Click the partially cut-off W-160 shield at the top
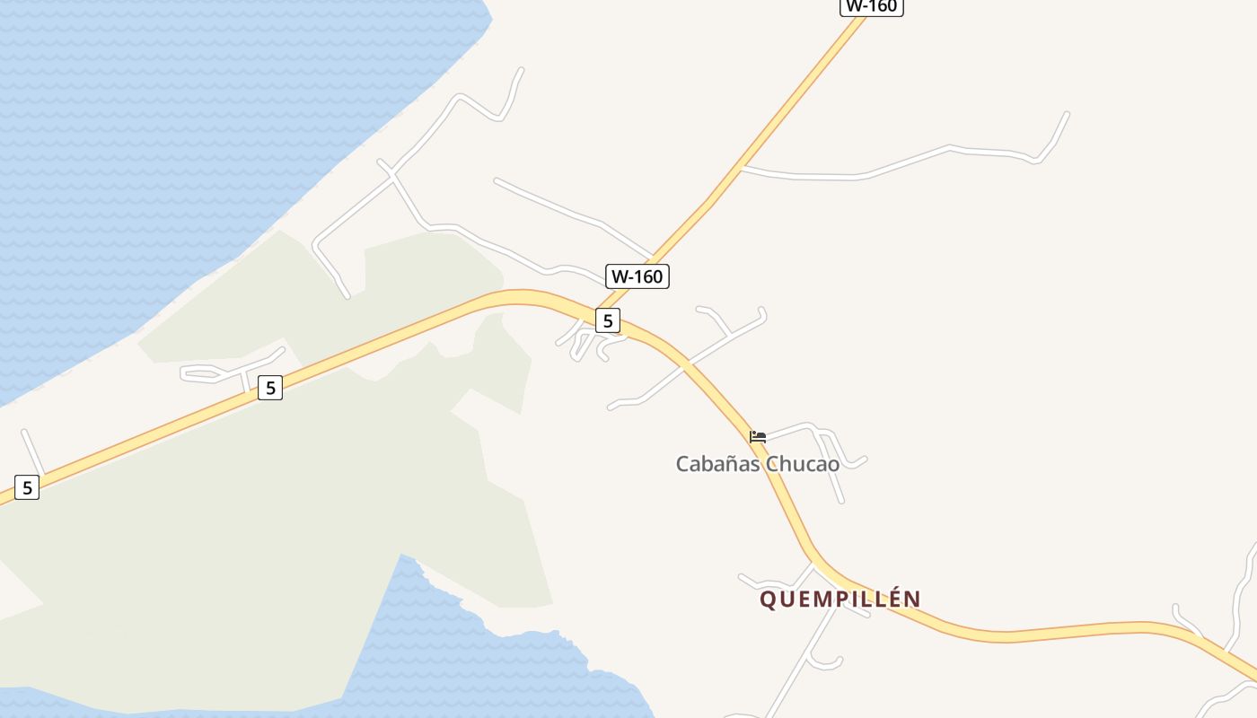click(871, 6)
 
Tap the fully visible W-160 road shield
click(637, 276)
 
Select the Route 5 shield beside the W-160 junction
click(608, 320)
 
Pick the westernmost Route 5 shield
click(27, 487)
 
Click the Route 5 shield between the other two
click(269, 388)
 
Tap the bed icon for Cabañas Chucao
click(758, 437)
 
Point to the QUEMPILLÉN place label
click(840, 599)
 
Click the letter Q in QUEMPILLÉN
click(768, 600)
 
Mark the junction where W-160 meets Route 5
click(598, 310)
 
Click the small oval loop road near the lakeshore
click(203, 373)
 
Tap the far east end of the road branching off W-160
click(1067, 114)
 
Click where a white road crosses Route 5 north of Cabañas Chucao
click(686, 363)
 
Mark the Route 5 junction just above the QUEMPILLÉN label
click(813, 564)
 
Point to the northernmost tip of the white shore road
click(521, 69)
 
